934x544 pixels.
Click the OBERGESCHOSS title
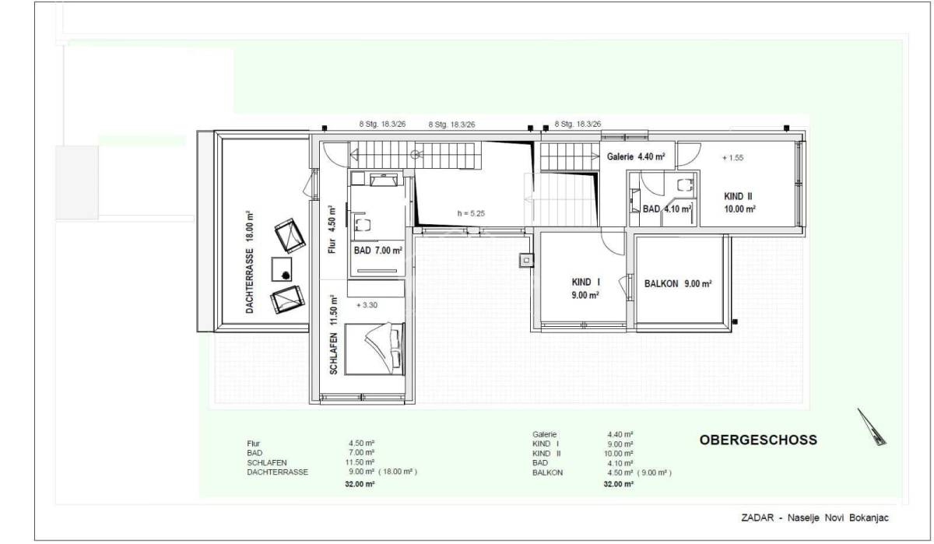(758, 440)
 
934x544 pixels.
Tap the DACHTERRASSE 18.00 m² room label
(249, 262)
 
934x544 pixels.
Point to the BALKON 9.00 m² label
(678, 284)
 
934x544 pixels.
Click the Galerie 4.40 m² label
(636, 156)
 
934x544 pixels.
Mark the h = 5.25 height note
(471, 213)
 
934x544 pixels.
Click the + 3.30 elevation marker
(367, 305)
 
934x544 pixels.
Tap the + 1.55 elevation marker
(733, 157)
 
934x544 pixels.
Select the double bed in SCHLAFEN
(375, 349)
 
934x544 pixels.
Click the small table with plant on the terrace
(282, 269)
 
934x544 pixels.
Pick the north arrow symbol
(872, 426)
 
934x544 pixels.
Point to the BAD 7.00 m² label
(377, 251)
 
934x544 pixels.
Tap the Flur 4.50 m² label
(332, 230)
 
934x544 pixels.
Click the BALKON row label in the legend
(547, 472)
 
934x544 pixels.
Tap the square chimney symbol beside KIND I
(526, 261)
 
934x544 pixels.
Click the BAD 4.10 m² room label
(667, 209)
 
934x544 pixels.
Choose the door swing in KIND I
(613, 243)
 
